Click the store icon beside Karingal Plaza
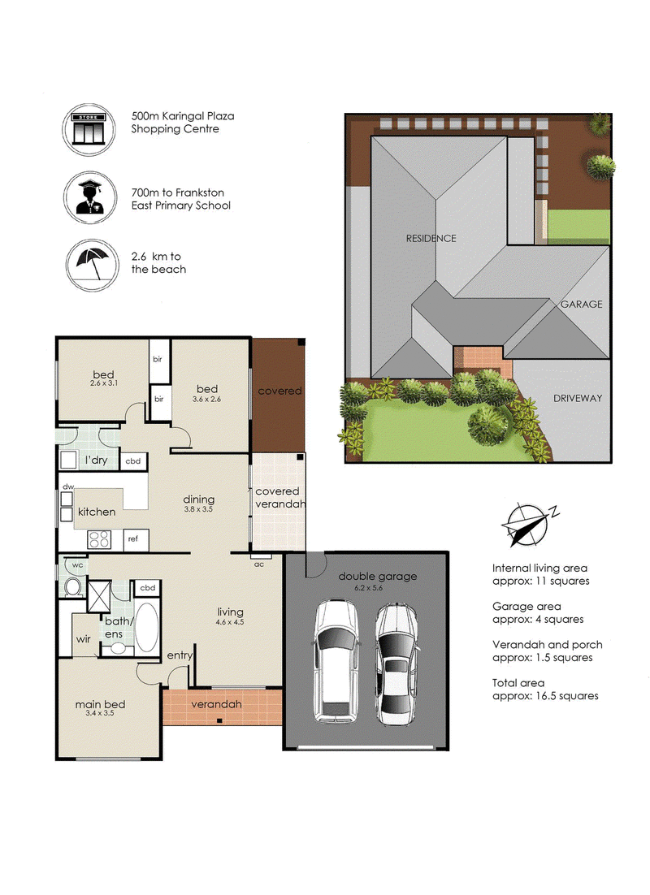(89, 129)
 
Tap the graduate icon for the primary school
(90, 197)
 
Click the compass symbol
(528, 523)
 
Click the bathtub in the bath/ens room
(147, 627)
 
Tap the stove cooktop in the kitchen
(99, 539)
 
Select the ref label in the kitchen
(133, 538)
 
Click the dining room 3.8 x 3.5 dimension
(198, 509)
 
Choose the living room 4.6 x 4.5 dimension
(230, 622)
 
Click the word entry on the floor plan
(180, 655)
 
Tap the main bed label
(100, 704)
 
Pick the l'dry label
(96, 460)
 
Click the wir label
(84, 639)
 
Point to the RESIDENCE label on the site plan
(431, 239)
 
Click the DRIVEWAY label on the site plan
(578, 399)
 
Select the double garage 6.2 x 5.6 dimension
(368, 588)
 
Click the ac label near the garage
(258, 564)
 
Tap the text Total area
(518, 683)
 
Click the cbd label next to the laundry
(133, 461)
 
